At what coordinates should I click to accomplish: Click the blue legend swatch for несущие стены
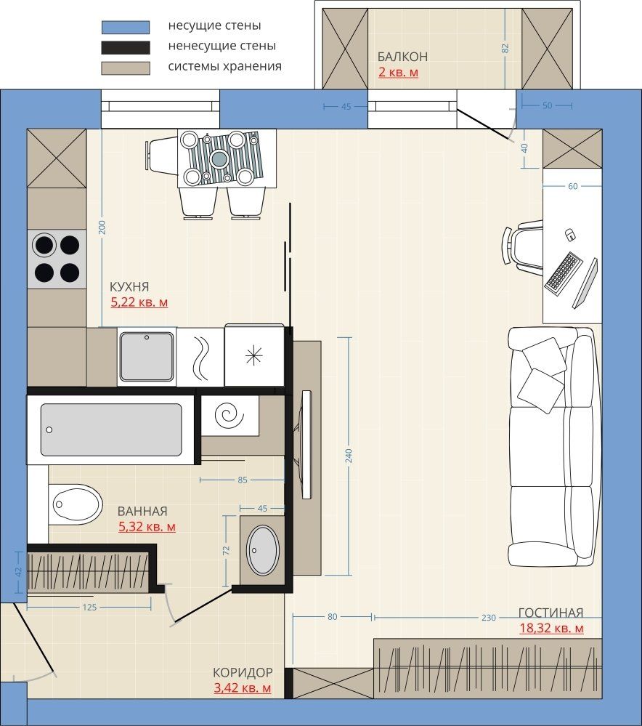point(126,27)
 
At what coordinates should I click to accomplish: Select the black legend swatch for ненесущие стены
point(126,47)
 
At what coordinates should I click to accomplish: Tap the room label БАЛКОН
point(402,57)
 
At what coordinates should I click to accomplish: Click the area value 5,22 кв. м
point(139,302)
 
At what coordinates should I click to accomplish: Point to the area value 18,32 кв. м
point(551,629)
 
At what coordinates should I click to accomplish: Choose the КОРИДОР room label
point(243,672)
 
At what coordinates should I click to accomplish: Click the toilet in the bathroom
point(76,504)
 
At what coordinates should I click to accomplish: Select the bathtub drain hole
point(49,429)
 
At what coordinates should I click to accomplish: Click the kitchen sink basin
point(147,356)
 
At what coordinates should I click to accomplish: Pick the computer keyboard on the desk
point(564,273)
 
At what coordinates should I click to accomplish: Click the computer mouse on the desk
point(570,235)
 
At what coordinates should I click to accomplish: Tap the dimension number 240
point(349,456)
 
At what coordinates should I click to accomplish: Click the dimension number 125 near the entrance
point(89,607)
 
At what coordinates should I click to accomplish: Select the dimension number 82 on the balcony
point(505,48)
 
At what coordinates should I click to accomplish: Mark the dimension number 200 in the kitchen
point(102,227)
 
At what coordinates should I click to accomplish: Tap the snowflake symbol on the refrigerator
point(253,355)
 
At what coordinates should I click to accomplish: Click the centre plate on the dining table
point(219,159)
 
